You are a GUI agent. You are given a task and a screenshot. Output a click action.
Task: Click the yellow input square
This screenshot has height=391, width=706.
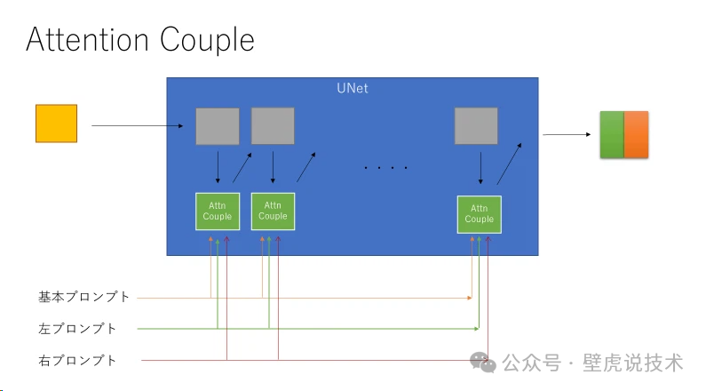56,124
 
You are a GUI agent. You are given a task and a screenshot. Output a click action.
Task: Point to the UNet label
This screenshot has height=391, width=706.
352,89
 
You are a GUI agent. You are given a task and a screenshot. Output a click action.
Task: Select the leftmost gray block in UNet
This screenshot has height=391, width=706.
218,126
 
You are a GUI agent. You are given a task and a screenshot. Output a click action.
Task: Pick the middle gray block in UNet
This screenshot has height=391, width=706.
273,126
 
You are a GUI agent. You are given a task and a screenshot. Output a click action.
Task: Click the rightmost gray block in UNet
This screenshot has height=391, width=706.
476,126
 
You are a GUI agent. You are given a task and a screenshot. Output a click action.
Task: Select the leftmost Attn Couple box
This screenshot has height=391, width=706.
218,211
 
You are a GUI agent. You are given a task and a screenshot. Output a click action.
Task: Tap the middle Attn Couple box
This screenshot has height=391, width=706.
273,211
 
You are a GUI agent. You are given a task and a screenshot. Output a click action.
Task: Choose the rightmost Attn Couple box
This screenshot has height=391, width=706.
479,214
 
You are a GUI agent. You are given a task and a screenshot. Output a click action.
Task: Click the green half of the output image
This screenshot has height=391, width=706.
612,135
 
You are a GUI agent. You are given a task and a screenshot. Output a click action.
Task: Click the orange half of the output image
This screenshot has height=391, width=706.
638,135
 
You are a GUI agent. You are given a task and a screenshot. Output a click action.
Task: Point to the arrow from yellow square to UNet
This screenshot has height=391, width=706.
142,126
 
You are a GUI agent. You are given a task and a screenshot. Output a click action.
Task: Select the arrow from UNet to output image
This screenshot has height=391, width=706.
567,135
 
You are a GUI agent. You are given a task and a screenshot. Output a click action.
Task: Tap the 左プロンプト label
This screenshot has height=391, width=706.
77,329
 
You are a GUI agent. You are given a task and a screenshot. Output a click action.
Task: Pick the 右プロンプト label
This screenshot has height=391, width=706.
77,360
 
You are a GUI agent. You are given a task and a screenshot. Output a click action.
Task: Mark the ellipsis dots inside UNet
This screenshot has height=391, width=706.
386,166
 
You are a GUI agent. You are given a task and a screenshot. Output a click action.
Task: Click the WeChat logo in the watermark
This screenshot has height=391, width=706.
483,362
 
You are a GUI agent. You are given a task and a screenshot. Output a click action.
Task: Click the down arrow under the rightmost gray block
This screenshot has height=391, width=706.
480,168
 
